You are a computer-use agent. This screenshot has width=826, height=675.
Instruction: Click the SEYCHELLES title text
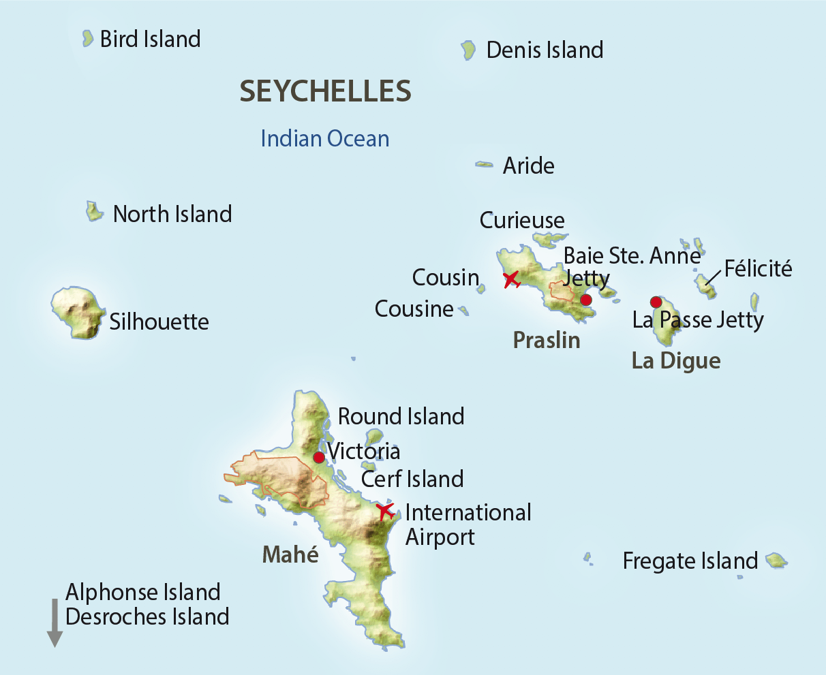pyautogui.click(x=325, y=91)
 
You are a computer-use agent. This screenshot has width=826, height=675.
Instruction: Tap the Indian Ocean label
pyautogui.click(x=325, y=139)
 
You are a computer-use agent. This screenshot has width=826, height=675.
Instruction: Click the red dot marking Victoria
pyautogui.click(x=318, y=457)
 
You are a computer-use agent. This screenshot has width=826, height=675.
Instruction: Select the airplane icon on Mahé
pyautogui.click(x=384, y=510)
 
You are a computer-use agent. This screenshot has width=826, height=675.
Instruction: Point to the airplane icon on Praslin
pyautogui.click(x=511, y=279)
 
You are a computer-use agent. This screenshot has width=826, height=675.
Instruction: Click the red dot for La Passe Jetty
pyautogui.click(x=656, y=302)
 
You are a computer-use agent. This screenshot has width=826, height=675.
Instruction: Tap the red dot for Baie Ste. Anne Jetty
pyautogui.click(x=585, y=300)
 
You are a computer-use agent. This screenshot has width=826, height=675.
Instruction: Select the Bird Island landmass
pyautogui.click(x=87, y=38)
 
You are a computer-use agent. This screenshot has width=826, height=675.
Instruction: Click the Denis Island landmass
pyautogui.click(x=468, y=50)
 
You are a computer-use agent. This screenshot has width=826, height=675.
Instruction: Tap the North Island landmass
pyautogui.click(x=93, y=211)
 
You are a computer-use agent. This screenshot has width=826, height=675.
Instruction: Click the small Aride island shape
pyautogui.click(x=484, y=164)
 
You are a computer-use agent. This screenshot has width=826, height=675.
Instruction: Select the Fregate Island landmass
pyautogui.click(x=776, y=561)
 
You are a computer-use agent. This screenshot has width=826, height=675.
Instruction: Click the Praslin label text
pyautogui.click(x=547, y=340)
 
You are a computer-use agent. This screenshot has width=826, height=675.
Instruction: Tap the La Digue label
pyautogui.click(x=676, y=360)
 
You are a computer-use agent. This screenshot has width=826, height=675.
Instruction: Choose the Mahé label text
pyautogui.click(x=290, y=554)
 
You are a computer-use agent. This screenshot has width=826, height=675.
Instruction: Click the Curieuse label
pyautogui.click(x=522, y=221)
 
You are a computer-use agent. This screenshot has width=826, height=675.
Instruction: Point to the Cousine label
pyautogui.click(x=414, y=309)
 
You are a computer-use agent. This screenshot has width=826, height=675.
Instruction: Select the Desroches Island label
pyautogui.click(x=147, y=616)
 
